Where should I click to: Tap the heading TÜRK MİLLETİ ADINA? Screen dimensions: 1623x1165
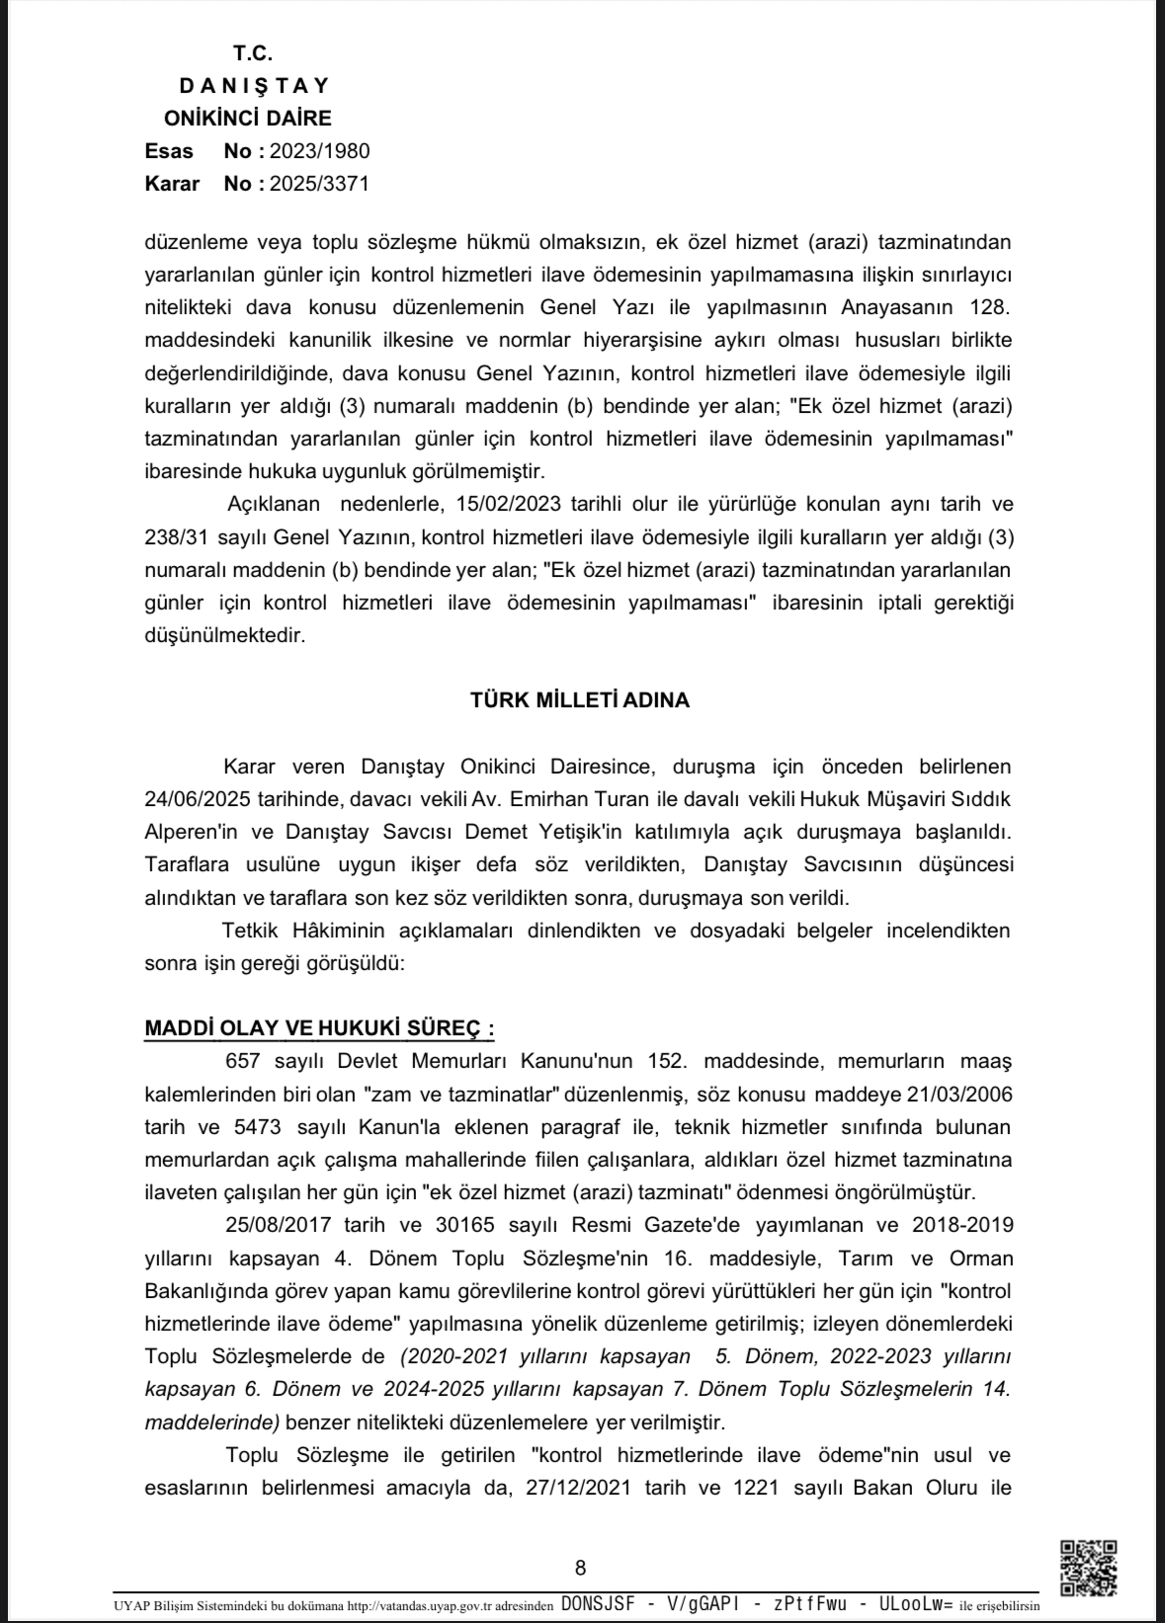tap(580, 700)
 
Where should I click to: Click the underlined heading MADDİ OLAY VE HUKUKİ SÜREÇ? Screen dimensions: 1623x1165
tap(318, 1028)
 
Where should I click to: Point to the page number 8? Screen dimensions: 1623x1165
tap(580, 1568)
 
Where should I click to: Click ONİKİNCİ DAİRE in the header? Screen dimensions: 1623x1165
tap(247, 119)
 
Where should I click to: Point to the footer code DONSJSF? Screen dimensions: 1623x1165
tap(598, 1605)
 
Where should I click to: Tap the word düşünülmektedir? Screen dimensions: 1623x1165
tap(224, 635)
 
